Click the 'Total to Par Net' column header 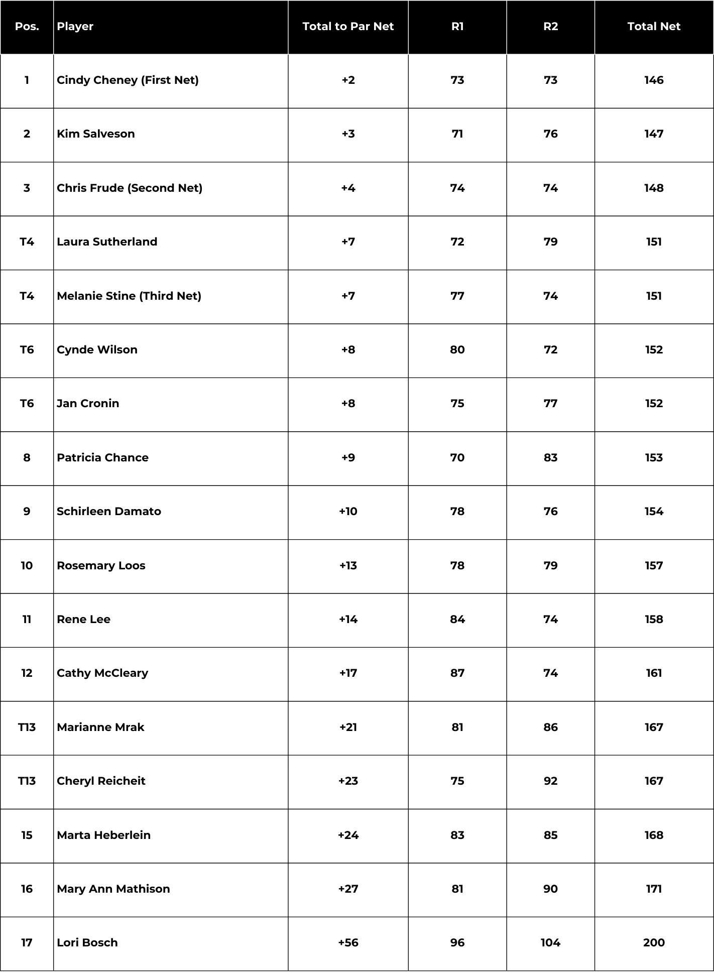tap(348, 27)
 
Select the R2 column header tap(550, 27)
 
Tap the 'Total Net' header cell tap(654, 27)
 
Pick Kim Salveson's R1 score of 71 tap(457, 134)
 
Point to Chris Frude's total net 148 tap(654, 188)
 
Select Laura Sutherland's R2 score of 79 tap(550, 242)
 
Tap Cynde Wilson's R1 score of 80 tap(457, 350)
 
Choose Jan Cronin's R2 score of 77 tap(550, 404)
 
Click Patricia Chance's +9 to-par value tap(348, 458)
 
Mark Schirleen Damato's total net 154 tap(654, 512)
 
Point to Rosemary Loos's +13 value tap(348, 566)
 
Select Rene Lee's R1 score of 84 tap(457, 620)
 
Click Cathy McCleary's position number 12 tap(27, 673)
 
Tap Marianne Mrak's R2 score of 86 tap(550, 727)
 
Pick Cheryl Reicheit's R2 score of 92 tap(550, 781)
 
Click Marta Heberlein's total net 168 tap(654, 835)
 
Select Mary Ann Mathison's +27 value tap(348, 889)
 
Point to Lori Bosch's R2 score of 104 tap(550, 943)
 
